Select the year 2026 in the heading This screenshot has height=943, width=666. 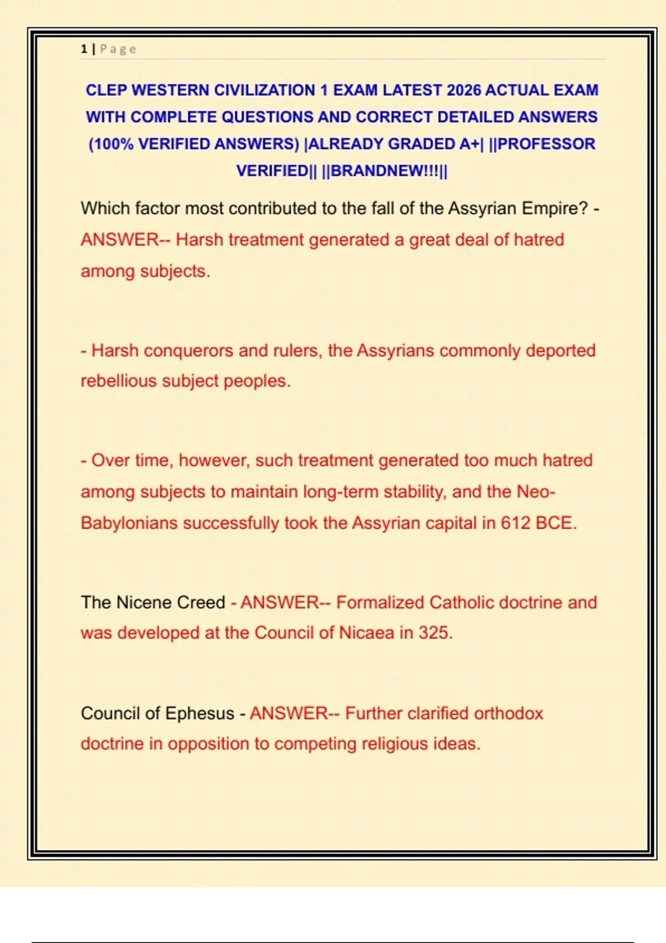(463, 90)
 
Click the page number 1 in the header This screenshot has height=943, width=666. (84, 49)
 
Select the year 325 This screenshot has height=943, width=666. (435, 633)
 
